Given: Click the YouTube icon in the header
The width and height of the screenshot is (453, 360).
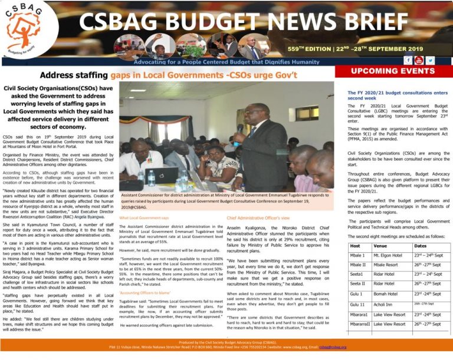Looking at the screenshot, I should pos(419,60).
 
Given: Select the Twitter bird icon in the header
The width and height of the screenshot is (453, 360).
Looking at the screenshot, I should pos(431,60).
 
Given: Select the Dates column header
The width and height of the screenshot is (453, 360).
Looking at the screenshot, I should pos(420,246).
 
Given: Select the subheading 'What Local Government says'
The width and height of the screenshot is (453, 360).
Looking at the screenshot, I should pos(144,218).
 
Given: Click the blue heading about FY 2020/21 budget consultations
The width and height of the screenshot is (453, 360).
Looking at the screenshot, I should pos(398,95).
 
